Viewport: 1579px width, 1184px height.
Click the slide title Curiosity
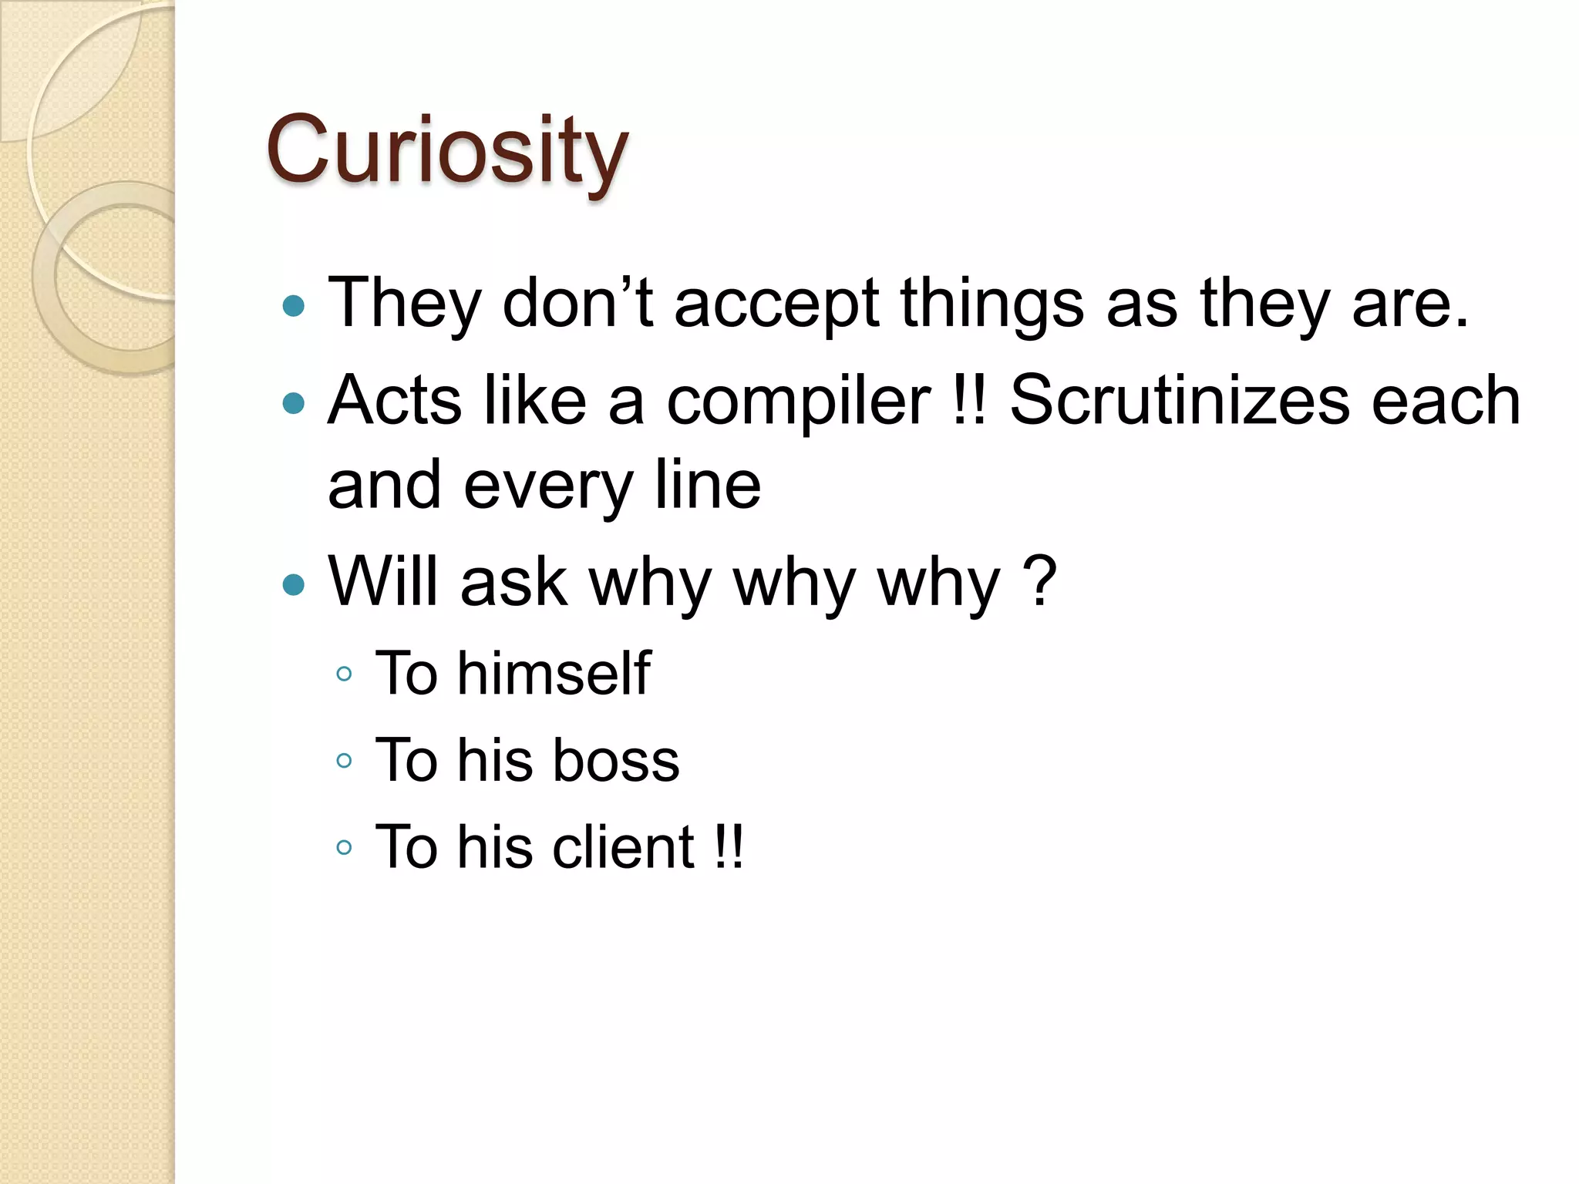tap(446, 151)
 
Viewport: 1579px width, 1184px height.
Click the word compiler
tap(799, 402)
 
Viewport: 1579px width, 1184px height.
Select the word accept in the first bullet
tap(776, 305)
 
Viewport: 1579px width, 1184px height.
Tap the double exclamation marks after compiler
tap(968, 401)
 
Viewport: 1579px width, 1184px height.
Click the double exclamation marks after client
tap(728, 847)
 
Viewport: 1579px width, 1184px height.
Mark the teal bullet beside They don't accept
tap(294, 307)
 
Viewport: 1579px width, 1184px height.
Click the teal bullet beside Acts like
tap(294, 403)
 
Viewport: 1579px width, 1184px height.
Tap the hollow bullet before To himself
tap(344, 674)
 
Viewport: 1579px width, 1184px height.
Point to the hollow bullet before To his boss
tap(344, 762)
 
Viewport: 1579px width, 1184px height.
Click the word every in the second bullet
tap(547, 487)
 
